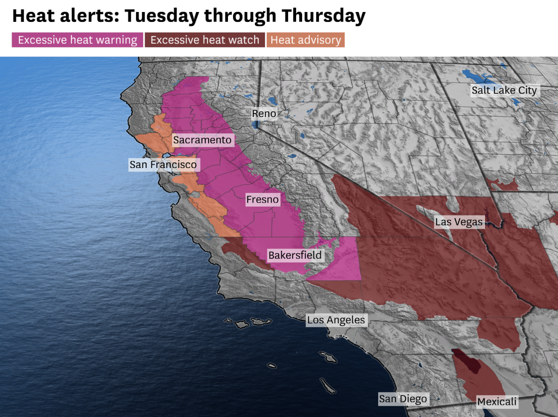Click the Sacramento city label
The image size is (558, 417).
point(202,140)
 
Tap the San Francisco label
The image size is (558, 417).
point(163,165)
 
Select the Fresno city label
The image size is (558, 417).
point(262,200)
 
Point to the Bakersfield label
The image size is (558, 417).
point(295,255)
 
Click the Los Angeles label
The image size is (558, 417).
point(336,320)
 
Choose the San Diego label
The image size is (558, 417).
point(403,399)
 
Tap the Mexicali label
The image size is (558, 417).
point(497,402)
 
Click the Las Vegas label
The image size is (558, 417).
point(459,222)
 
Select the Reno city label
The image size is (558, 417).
point(264,114)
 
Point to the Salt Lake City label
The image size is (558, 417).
point(504,90)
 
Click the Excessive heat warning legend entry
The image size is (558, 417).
point(77,40)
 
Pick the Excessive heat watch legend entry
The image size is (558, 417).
point(205,40)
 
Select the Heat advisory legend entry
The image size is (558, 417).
point(306,40)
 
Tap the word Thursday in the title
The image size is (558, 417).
point(323,16)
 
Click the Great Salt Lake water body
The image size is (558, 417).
point(476,78)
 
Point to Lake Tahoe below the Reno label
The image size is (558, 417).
point(256,125)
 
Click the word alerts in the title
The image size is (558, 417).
point(89,16)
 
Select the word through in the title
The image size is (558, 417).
point(240,16)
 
